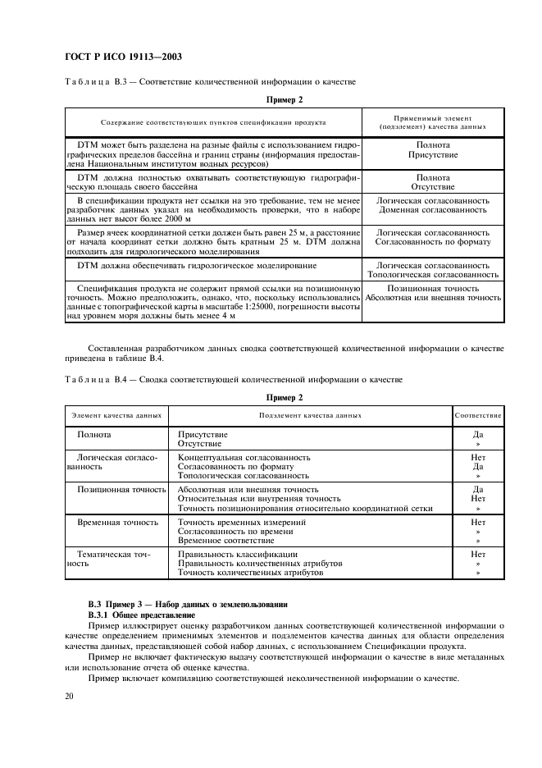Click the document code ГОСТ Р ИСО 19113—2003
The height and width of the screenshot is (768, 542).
122,57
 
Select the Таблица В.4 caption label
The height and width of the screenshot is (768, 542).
91,379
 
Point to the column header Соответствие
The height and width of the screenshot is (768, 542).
478,415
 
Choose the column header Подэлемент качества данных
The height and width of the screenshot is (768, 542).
310,415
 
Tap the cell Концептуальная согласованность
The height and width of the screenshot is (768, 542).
244,456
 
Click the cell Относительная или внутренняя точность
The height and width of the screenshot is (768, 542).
259,498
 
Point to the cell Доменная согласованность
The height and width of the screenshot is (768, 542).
432,210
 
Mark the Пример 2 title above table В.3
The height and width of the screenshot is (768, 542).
285,100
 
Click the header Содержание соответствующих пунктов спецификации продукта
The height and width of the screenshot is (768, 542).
213,121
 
